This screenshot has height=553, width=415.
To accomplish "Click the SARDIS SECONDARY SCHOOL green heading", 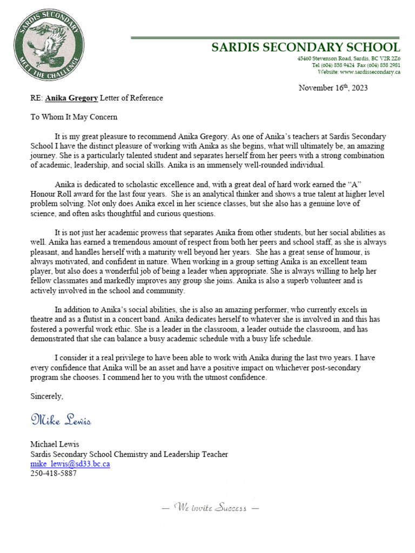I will tap(305, 47).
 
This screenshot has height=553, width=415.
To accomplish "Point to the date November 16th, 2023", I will tap(333, 88).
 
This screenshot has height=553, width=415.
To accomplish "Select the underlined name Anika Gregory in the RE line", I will tap(71, 98).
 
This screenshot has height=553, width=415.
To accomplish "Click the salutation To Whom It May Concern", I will tap(73, 117).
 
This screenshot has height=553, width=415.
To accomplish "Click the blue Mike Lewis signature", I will tap(61, 420).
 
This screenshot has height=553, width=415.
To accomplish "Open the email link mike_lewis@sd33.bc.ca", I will tap(70, 463).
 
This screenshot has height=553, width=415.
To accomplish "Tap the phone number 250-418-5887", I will tap(53, 473).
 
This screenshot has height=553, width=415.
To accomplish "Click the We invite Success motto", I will tap(211, 508).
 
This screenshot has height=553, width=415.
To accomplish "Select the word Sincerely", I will tap(46, 396).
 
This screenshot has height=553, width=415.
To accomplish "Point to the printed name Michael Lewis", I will tap(55, 444).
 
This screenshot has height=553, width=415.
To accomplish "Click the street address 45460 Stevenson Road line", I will tap(349, 58).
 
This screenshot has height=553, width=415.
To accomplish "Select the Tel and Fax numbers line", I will tap(356, 65).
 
